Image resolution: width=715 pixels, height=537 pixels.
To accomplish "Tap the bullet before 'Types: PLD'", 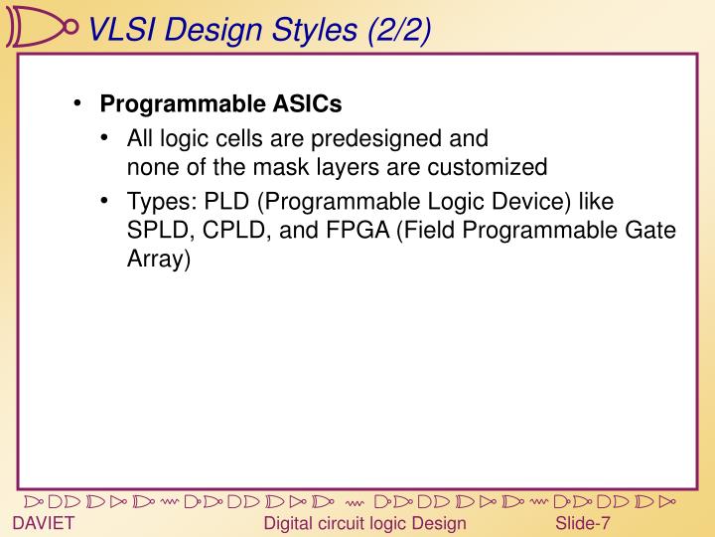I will (x=106, y=202).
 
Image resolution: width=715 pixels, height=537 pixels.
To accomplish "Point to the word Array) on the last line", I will (x=158, y=260).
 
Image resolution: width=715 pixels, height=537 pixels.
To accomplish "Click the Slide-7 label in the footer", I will (x=583, y=524).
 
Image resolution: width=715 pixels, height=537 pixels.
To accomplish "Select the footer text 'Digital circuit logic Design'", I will (x=364, y=524).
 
